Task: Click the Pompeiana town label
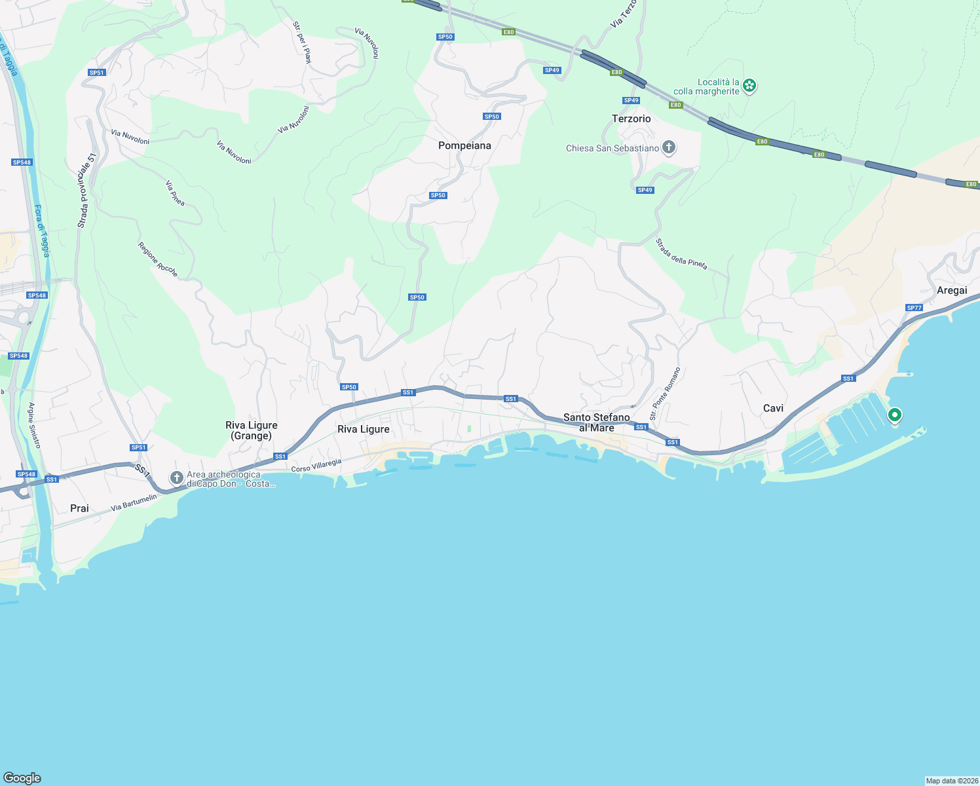click(x=464, y=145)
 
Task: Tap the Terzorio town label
click(x=631, y=119)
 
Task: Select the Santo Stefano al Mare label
click(x=596, y=422)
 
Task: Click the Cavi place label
click(x=773, y=408)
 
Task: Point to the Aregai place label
click(x=951, y=290)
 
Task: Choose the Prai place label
click(x=79, y=508)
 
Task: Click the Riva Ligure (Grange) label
click(x=252, y=430)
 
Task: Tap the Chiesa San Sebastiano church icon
click(x=669, y=147)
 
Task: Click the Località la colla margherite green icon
click(x=750, y=86)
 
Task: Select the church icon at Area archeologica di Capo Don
click(x=176, y=478)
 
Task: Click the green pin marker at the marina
click(x=894, y=415)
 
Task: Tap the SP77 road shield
click(x=914, y=308)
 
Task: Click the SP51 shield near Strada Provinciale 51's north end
click(x=97, y=73)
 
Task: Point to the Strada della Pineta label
click(x=681, y=254)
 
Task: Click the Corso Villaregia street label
click(x=316, y=466)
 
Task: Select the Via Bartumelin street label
click(x=134, y=502)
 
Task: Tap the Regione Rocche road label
click(x=157, y=259)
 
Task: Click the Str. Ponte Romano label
click(x=665, y=394)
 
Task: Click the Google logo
click(x=22, y=777)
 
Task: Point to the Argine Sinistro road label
click(x=34, y=426)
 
